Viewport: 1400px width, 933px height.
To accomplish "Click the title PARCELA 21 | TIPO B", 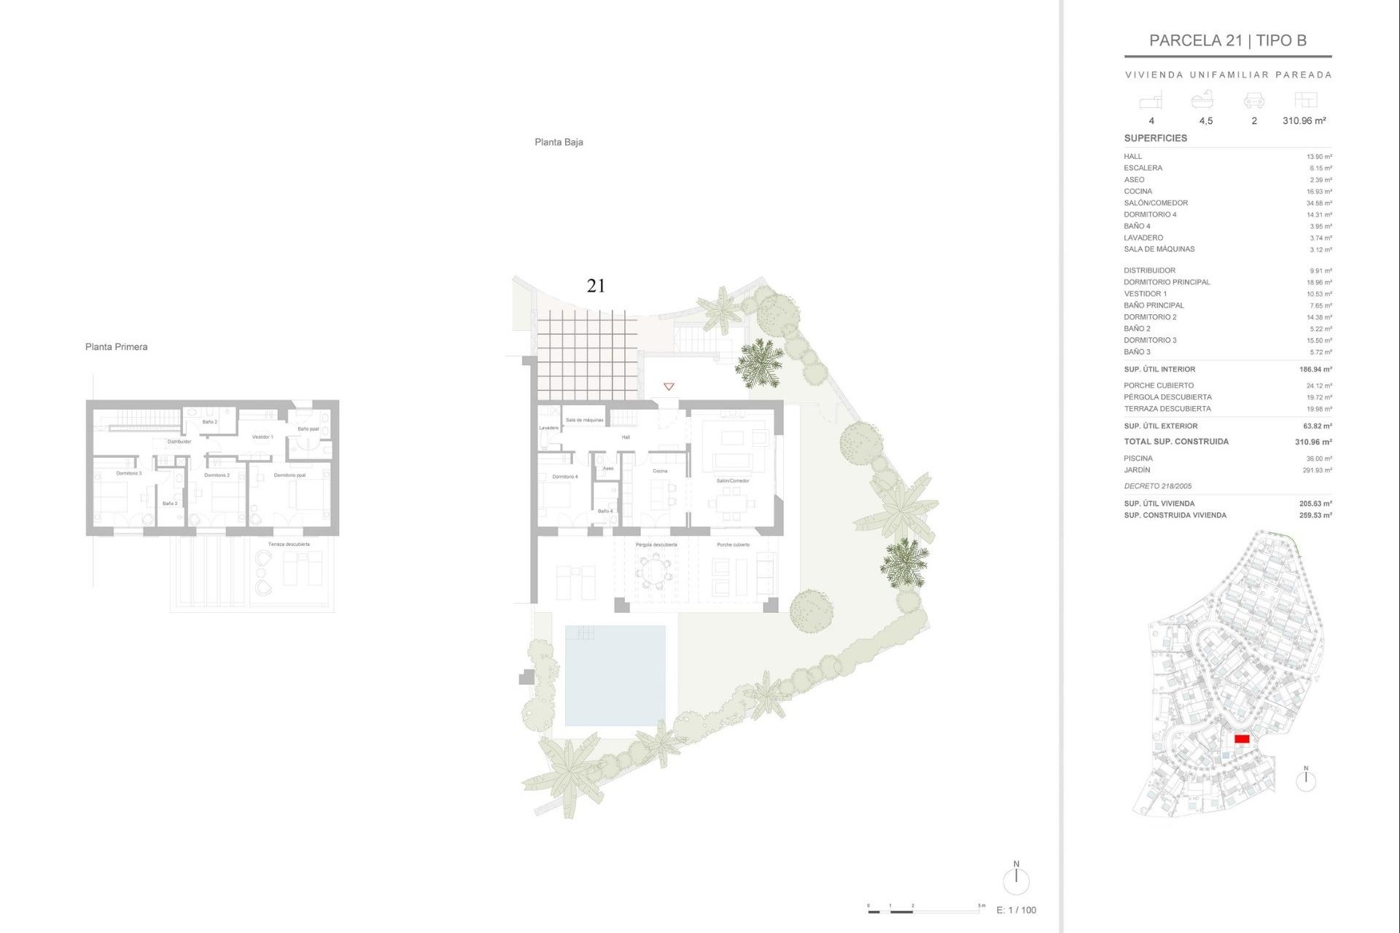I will [1227, 41].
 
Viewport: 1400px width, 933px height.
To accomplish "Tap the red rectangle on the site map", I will [1242, 738].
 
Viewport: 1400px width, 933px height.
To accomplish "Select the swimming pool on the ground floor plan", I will [615, 676].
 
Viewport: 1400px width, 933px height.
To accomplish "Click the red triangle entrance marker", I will [669, 386].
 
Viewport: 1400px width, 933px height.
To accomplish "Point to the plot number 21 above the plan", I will [596, 286].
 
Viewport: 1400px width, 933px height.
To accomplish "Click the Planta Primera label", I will [116, 347].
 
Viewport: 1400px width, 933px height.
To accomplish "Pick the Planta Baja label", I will [559, 142].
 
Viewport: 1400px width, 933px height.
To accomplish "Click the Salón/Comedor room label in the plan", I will [733, 481].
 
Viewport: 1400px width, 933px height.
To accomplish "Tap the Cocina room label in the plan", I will [660, 471].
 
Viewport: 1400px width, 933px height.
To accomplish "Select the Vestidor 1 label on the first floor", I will [262, 437].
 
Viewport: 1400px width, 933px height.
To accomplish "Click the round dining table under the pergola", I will [655, 571].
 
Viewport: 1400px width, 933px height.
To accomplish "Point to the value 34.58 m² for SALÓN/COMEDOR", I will [1318, 203].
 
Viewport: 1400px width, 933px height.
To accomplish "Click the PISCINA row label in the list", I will [1137, 458].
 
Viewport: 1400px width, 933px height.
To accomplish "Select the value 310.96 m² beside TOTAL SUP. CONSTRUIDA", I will [1312, 442].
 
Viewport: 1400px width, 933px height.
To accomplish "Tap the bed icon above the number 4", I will [1151, 101].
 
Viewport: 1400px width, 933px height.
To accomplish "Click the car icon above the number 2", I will [1253, 101].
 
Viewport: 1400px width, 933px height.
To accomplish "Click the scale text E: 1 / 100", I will [1016, 910].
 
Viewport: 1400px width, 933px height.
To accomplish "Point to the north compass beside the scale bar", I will [1016, 880].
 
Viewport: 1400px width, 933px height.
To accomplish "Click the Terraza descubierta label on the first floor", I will [289, 544].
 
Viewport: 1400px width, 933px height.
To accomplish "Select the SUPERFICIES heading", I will [1155, 138].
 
